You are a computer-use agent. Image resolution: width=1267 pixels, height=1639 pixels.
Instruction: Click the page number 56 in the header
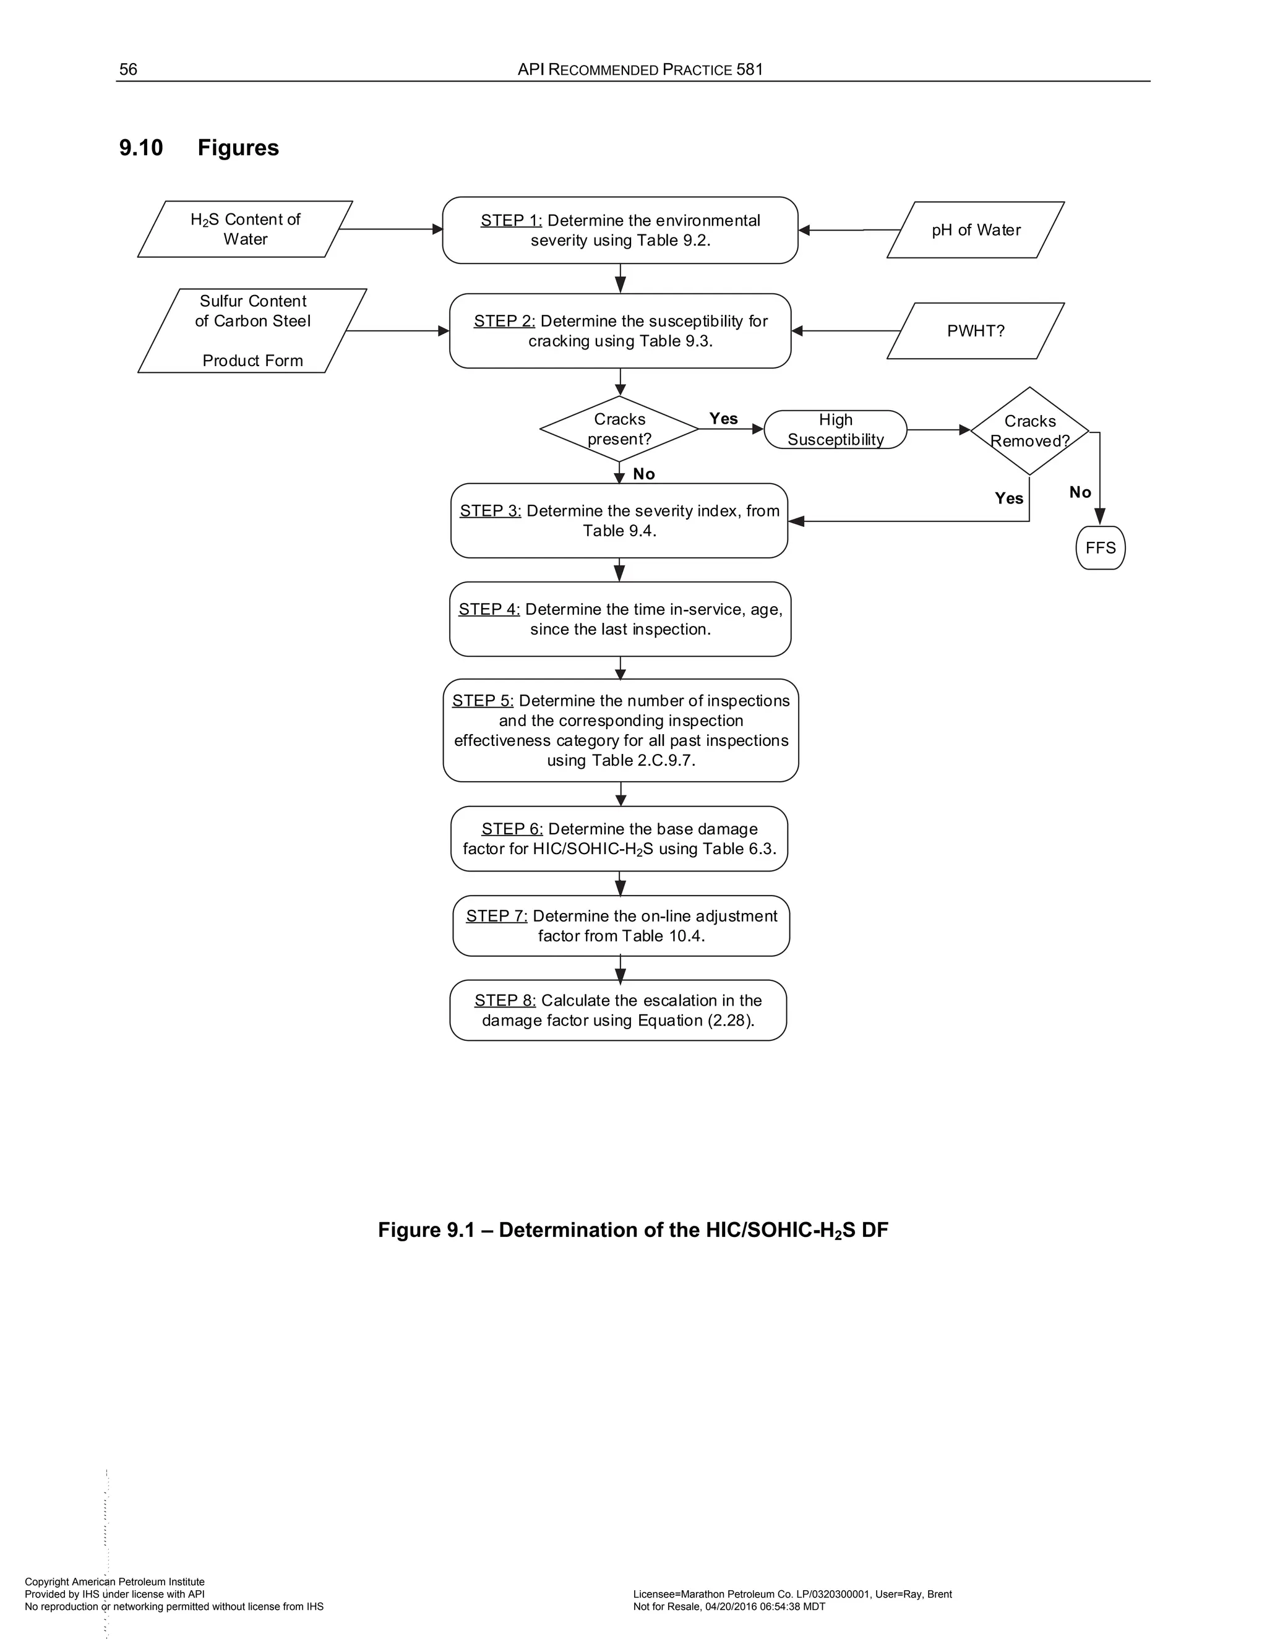128,69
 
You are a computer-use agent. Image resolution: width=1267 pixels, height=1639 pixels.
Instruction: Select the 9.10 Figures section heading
199,147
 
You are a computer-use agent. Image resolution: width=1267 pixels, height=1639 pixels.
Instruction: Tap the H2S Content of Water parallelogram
245,229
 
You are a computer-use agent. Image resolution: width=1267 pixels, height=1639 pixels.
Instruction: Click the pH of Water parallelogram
975,229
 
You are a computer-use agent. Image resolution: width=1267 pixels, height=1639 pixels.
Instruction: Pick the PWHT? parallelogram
975,331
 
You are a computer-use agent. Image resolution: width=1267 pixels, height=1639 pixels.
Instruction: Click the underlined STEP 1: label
511,221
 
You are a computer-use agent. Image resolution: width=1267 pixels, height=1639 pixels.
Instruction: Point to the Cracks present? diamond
619,429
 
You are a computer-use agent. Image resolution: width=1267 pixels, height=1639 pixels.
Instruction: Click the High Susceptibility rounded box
835,429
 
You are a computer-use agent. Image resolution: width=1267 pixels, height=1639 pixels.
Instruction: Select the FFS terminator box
1101,548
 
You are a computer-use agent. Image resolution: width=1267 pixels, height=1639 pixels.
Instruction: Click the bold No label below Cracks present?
644,474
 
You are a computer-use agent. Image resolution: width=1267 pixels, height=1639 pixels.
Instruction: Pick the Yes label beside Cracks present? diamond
724,419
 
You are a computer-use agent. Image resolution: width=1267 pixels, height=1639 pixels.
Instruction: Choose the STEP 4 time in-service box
620,619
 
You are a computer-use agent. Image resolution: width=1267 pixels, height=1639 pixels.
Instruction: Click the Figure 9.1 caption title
633,1230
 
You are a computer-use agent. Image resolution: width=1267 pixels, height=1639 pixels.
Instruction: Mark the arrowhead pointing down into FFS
1099,516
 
